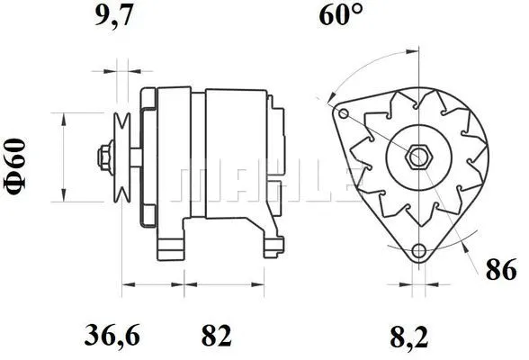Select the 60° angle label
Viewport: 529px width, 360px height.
pos(340,15)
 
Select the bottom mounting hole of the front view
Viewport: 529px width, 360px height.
pos(417,251)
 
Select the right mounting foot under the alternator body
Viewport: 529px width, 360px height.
pos(269,243)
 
